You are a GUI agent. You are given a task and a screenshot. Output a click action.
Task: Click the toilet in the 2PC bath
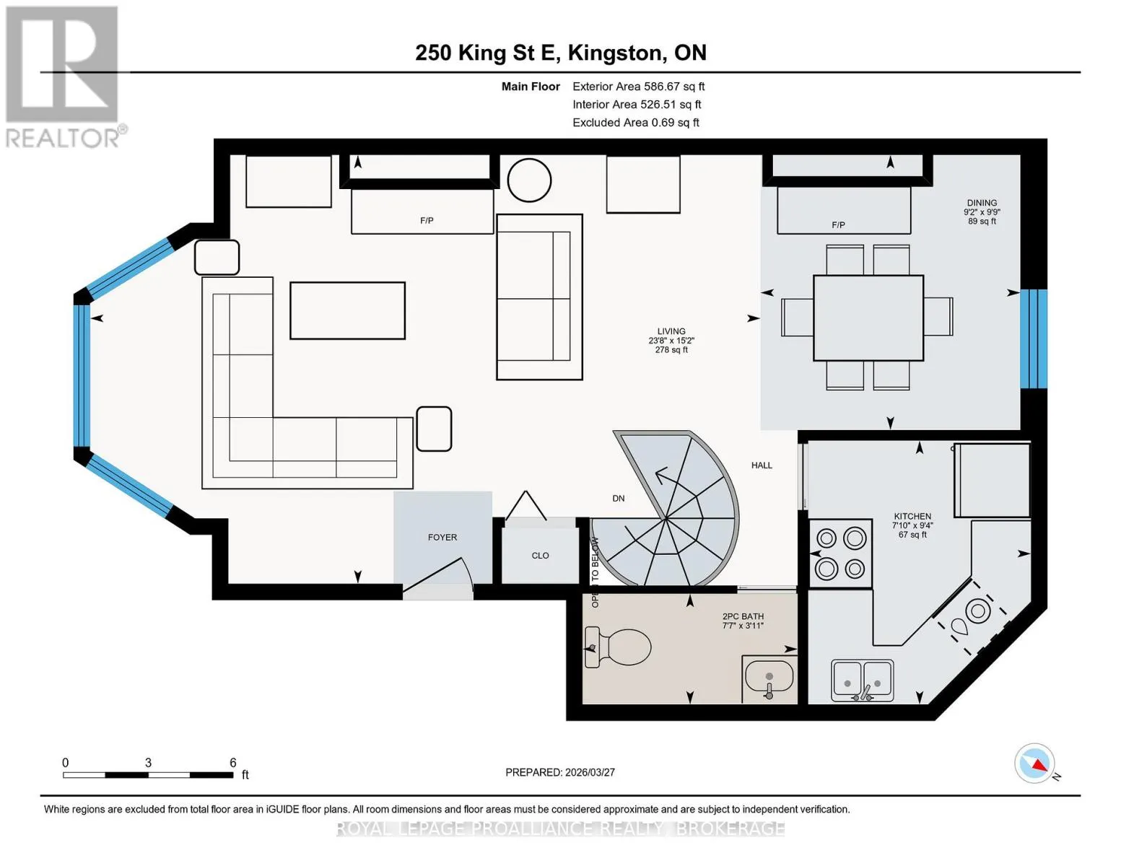pos(617,647)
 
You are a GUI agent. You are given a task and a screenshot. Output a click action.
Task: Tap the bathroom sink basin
pos(769,676)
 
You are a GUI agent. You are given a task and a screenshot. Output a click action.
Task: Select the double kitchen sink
pos(862,680)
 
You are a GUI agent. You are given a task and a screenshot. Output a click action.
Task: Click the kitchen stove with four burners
pos(840,554)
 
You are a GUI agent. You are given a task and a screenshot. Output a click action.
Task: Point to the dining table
pos(868,318)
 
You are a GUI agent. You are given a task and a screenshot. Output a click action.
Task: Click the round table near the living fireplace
pos(529,180)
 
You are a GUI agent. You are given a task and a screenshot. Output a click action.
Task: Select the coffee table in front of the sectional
pos(347,310)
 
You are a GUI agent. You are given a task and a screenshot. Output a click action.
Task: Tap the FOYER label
pos(442,538)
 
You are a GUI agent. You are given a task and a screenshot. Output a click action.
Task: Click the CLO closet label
pos(540,556)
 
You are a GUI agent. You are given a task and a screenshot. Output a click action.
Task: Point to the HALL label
pos(762,465)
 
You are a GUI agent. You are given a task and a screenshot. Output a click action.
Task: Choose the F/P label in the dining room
pos(838,225)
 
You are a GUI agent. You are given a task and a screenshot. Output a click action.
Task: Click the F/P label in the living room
pos(427,221)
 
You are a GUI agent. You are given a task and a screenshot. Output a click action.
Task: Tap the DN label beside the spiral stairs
pos(618,498)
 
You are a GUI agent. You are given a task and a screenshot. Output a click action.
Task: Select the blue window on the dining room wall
pos(1034,338)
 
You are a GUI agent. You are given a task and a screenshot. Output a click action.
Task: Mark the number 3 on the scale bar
pos(148,762)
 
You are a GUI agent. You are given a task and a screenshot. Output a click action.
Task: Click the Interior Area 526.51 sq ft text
pos(637,105)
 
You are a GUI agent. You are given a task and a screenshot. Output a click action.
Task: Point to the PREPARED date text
pos(559,772)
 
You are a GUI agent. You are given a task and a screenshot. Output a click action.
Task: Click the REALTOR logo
pos(64,77)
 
